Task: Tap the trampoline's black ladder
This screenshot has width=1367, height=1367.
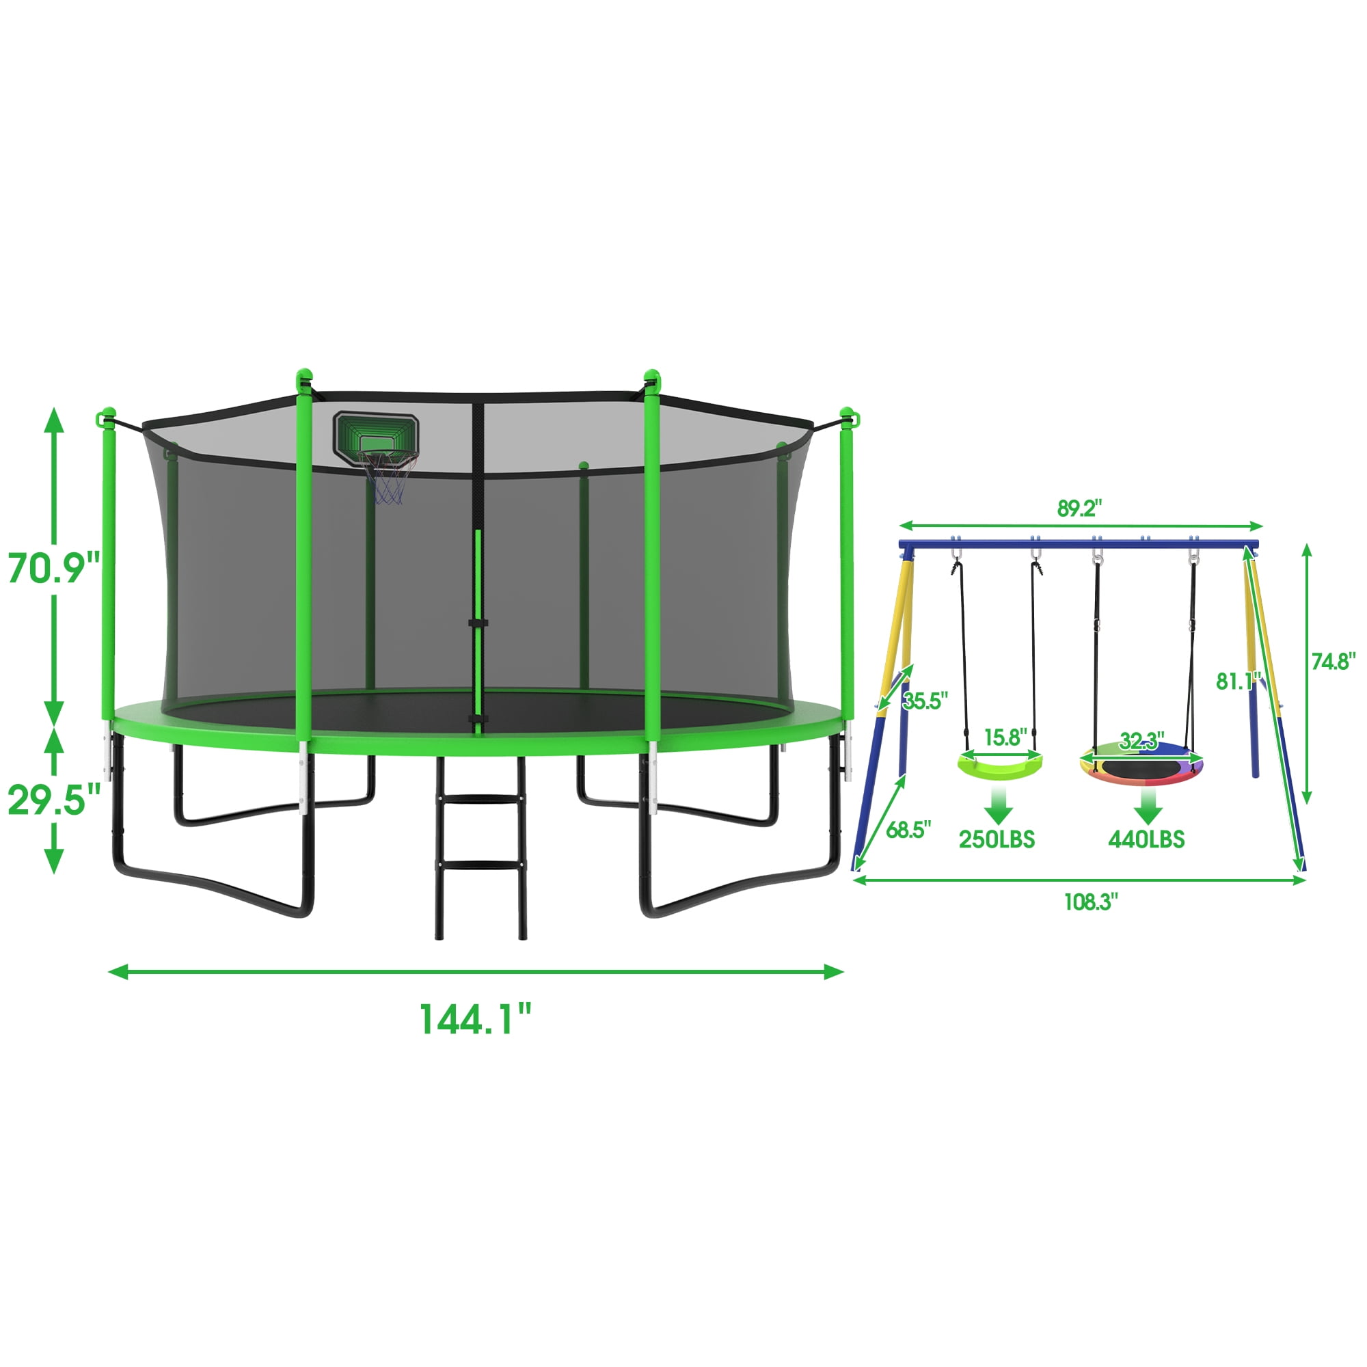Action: (x=481, y=848)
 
